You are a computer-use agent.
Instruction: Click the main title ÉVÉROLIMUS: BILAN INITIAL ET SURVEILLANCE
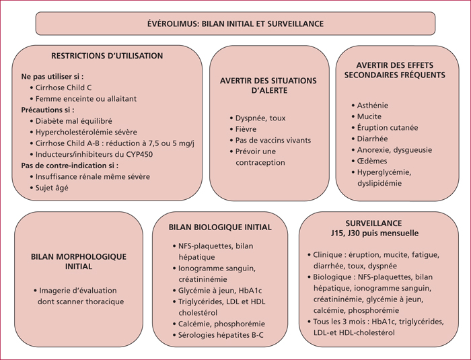pos(235,24)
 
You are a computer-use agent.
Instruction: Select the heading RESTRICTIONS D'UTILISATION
pos(107,56)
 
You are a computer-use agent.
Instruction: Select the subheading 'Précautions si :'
pos(48,110)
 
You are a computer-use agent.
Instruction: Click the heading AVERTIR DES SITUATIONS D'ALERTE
pos(268,85)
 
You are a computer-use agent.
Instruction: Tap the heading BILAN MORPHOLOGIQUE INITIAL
pos(79,262)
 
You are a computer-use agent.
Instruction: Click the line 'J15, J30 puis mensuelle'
pos(375,233)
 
